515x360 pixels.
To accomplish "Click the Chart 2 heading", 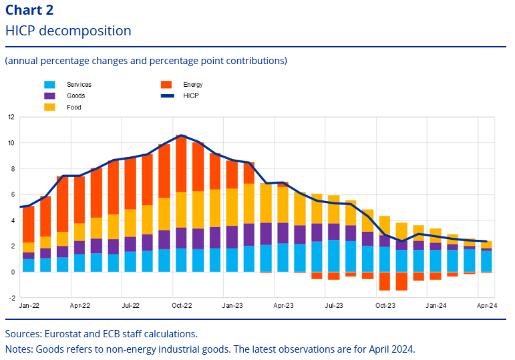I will pos(29,10).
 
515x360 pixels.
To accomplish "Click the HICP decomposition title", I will pos(68,31).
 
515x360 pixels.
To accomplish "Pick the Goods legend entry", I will pos(75,96).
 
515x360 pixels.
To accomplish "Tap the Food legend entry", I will pos(73,107).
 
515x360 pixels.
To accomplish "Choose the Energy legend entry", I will pos(192,85).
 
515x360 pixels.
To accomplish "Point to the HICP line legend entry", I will pos(190,96).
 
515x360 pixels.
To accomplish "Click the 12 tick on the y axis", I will pos(11,117).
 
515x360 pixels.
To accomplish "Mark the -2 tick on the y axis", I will pos(11,298).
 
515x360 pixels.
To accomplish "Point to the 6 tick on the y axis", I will pos(11,194).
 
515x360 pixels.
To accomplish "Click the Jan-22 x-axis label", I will pos(29,306).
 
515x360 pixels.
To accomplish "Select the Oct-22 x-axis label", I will pos(181,306).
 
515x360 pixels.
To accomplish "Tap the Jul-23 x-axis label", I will pos(333,306).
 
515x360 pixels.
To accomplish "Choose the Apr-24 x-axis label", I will pos(486,306).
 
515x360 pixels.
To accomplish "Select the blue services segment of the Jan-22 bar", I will pos(29,265).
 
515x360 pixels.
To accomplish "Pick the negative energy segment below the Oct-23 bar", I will pos(384,281).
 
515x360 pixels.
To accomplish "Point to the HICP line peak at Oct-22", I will pos(181,136).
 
